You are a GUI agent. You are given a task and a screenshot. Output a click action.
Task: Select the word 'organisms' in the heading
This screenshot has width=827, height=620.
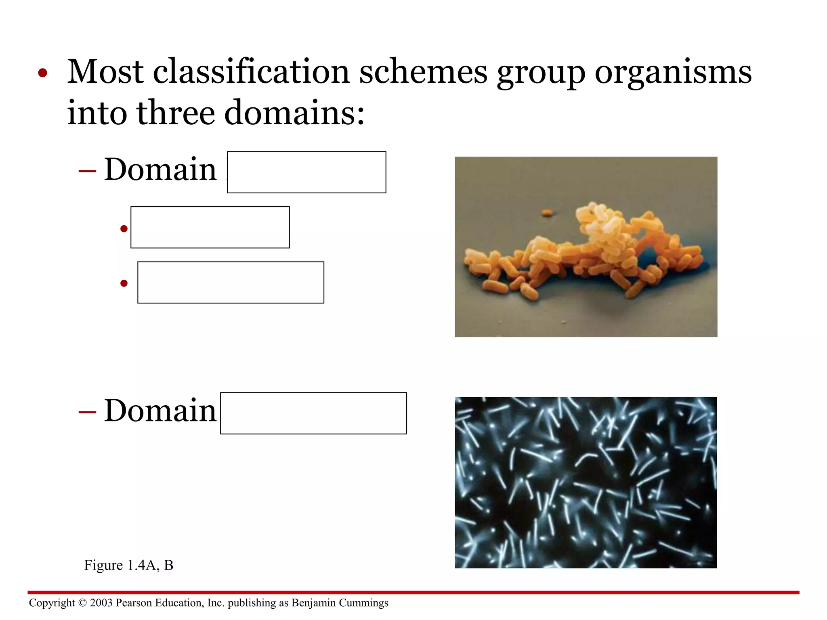point(673,73)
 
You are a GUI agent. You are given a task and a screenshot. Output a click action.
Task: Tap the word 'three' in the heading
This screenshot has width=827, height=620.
point(176,113)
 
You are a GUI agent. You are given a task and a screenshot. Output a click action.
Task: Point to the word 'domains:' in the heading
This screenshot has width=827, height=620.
point(294,113)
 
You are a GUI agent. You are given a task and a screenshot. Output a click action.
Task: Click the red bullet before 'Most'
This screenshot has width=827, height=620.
point(43,74)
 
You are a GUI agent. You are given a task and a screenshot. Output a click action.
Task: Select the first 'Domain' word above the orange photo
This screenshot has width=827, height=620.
point(160,170)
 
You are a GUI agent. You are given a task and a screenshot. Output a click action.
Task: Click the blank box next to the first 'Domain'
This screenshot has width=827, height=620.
point(306,172)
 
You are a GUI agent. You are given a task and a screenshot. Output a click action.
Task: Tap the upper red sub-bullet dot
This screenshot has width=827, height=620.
point(124,229)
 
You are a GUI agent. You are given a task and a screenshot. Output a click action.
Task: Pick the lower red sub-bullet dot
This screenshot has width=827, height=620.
point(124,283)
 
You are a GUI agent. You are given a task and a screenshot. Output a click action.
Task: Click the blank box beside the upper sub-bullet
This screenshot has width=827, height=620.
point(210,227)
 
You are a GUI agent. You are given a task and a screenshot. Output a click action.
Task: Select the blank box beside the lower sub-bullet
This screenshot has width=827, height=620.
point(231,283)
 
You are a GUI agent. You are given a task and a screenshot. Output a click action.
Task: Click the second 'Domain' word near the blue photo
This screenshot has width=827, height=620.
point(160,411)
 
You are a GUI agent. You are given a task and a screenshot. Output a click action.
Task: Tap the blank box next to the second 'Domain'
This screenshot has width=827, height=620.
point(313,413)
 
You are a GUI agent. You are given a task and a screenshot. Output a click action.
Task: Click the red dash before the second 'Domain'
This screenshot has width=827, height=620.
point(87,412)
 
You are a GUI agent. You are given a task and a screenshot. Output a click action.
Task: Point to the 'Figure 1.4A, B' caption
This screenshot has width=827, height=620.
point(128,565)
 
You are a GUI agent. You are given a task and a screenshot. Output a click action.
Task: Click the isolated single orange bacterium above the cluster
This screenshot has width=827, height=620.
point(547,213)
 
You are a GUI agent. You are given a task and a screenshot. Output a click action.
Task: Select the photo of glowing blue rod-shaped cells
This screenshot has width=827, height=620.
point(586,483)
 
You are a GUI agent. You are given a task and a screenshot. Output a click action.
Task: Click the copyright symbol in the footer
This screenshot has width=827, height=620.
point(82,603)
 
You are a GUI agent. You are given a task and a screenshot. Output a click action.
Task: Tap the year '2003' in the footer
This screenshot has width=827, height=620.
point(101,603)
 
